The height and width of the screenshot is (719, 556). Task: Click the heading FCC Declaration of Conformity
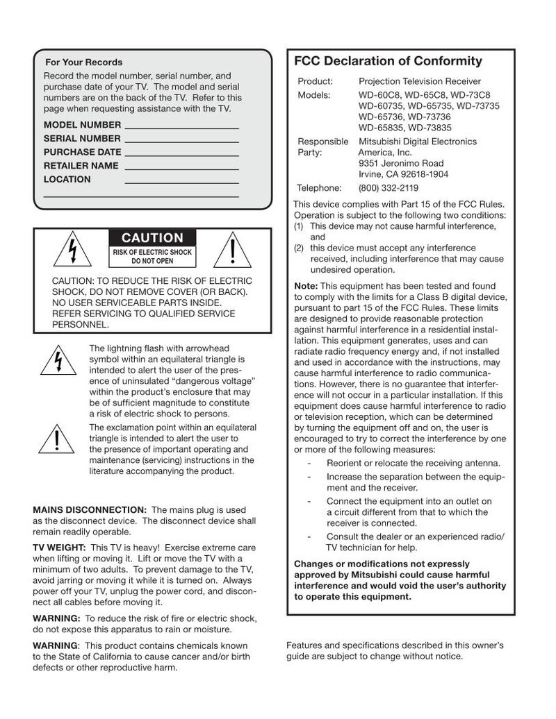[388, 61]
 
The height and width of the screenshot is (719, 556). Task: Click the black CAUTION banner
[153, 238]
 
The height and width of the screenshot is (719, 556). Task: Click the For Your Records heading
[83, 62]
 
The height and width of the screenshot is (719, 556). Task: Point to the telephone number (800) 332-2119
[389, 187]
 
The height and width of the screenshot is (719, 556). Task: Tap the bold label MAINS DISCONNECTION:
[90, 509]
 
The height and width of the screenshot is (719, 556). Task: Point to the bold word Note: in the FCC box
[306, 286]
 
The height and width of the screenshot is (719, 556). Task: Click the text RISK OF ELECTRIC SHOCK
[153, 252]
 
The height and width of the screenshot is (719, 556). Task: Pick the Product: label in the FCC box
[315, 81]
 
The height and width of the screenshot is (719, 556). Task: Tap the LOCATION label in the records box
[67, 179]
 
